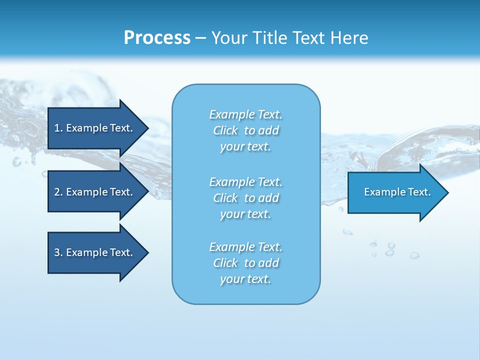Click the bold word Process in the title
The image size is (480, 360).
click(x=157, y=38)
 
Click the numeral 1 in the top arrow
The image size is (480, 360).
click(x=57, y=128)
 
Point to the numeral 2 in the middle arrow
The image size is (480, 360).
click(x=57, y=192)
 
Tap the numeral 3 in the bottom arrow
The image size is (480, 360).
click(x=57, y=252)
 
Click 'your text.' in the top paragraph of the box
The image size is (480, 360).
click(x=245, y=147)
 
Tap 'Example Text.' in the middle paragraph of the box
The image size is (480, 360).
click(x=245, y=182)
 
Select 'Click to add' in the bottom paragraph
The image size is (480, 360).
click(x=245, y=263)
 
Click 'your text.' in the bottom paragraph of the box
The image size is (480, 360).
click(x=245, y=279)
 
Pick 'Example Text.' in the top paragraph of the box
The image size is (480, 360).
click(x=245, y=114)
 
